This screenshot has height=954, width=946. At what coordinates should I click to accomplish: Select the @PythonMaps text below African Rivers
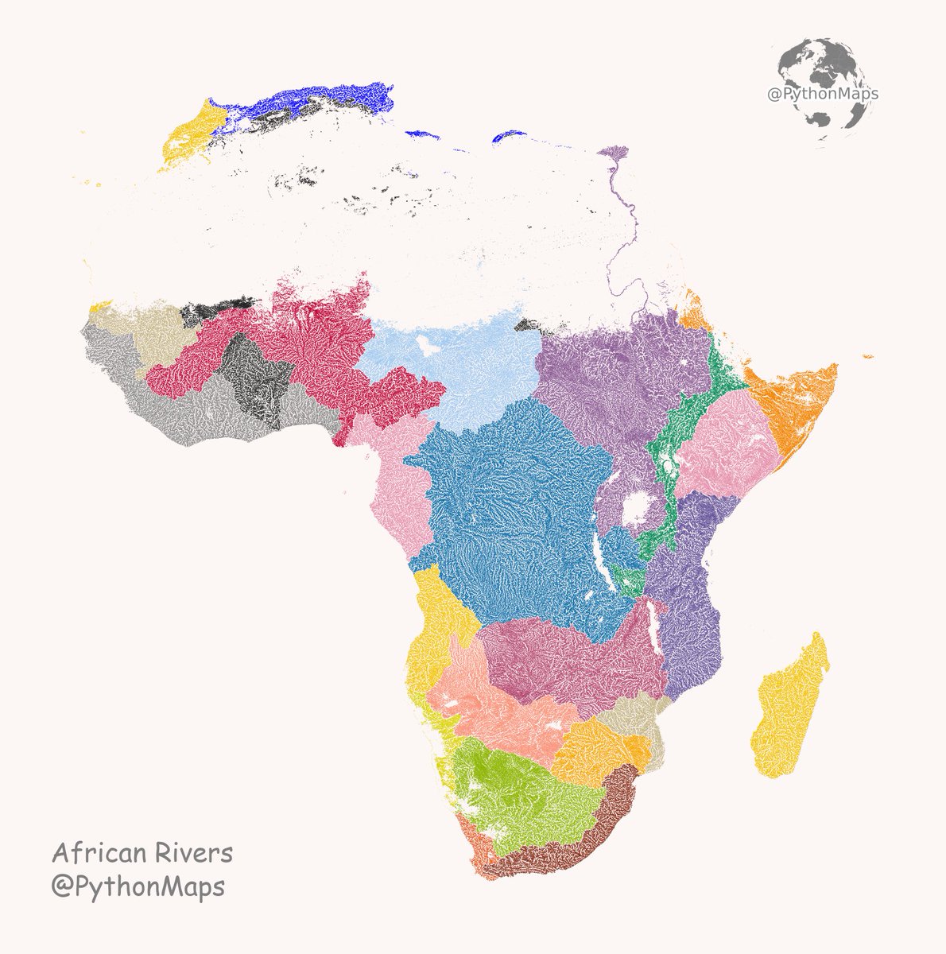click(138, 886)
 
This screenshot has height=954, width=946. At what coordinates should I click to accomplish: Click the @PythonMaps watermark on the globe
click(822, 94)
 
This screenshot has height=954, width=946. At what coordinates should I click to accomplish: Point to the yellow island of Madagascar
click(791, 708)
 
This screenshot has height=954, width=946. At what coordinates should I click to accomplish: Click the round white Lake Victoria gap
click(636, 510)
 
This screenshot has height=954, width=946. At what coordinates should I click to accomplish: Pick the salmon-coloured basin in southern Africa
click(493, 708)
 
